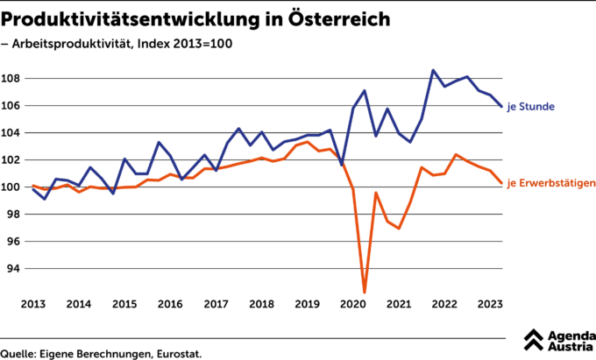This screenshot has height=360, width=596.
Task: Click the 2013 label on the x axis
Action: pyautogui.click(x=32, y=304)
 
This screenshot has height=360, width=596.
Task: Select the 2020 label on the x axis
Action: pyautogui.click(x=352, y=304)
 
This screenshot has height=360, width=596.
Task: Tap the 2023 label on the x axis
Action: pyautogui.click(x=489, y=304)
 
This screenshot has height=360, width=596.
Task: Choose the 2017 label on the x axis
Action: pyautogui.click(x=216, y=304)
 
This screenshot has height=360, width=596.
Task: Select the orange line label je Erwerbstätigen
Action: pyautogui.click(x=551, y=183)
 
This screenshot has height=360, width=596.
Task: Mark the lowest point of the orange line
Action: pyautogui.click(x=364, y=292)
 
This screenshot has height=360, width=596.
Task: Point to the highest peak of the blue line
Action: pyautogui.click(x=433, y=70)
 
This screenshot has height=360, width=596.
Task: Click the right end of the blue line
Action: pyautogui.click(x=501, y=106)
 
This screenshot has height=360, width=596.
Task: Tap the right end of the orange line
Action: pyautogui.click(x=501, y=183)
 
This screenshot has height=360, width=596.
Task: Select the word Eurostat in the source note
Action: pyautogui.click(x=179, y=353)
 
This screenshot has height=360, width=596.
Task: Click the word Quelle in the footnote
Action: pyautogui.click(x=18, y=353)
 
